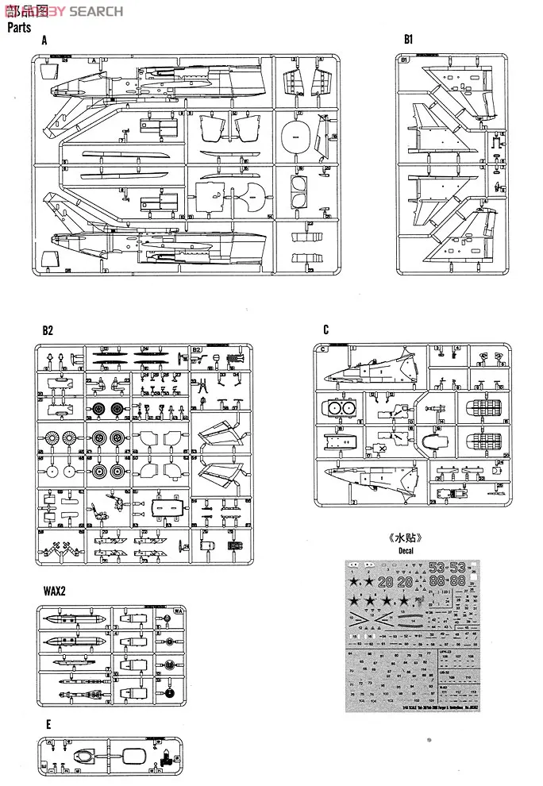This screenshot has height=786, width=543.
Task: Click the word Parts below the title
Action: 19,28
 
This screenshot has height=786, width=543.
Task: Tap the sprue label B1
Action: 409,38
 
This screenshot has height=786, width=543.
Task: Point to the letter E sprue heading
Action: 48,724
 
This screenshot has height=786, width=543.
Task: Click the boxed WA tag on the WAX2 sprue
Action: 178,611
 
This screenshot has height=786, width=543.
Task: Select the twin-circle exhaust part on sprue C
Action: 340,408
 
